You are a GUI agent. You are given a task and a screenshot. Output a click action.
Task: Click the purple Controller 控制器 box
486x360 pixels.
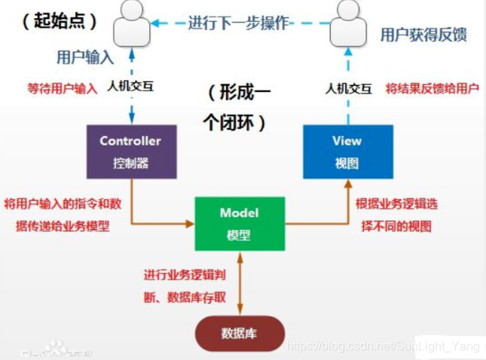click(x=130, y=151)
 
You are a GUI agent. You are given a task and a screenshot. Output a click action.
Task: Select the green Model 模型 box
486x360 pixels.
click(x=239, y=224)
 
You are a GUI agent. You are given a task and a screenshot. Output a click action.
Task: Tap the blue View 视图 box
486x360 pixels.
click(x=347, y=151)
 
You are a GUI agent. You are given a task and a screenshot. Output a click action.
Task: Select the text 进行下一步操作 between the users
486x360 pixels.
click(x=239, y=23)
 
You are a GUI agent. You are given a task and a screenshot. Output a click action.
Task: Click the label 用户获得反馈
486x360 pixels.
click(x=423, y=35)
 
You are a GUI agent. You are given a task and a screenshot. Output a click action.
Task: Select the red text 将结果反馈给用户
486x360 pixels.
click(x=432, y=88)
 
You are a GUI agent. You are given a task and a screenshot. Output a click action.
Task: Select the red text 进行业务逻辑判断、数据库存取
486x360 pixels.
click(x=185, y=286)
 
